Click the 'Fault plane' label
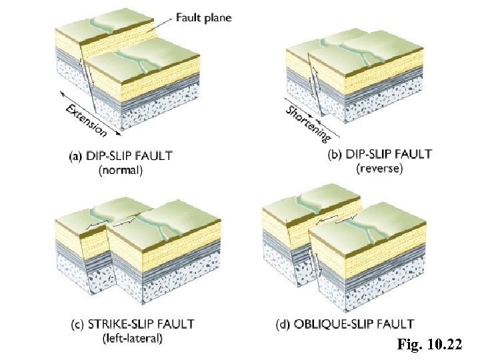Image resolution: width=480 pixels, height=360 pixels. (203, 18)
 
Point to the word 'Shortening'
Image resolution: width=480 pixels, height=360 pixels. (309, 123)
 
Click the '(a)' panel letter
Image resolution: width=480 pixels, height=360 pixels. (77, 156)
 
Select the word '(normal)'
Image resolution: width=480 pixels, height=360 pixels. (121, 170)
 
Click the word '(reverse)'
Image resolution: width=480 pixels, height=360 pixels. (379, 169)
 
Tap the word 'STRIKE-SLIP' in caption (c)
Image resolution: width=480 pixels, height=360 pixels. (122, 325)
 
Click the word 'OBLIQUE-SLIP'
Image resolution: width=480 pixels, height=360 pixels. (335, 325)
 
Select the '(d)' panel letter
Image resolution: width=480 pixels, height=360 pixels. (283, 325)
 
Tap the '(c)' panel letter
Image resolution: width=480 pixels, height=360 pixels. (77, 325)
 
